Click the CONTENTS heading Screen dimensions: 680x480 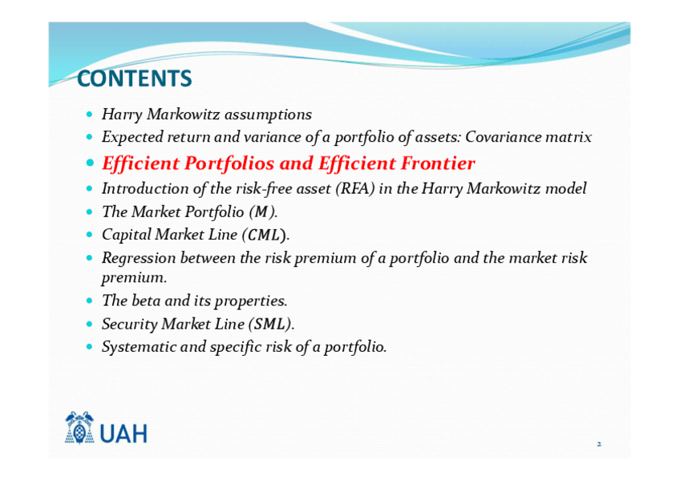pyautogui.click(x=135, y=79)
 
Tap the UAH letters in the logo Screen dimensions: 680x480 pyautogui.click(x=123, y=434)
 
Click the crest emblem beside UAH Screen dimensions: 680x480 pyautogui.click(x=79, y=428)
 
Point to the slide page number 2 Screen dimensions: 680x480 pyautogui.click(x=599, y=444)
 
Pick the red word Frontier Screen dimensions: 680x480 pyautogui.click(x=438, y=163)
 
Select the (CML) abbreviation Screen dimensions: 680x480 pyautogui.click(x=266, y=235)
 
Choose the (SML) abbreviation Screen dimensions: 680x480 pyautogui.click(x=272, y=324)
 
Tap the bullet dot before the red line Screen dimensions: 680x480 pyautogui.click(x=90, y=163)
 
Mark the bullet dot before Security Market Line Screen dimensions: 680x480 pyautogui.click(x=89, y=324)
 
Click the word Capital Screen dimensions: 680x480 pyautogui.click(x=126, y=235)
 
